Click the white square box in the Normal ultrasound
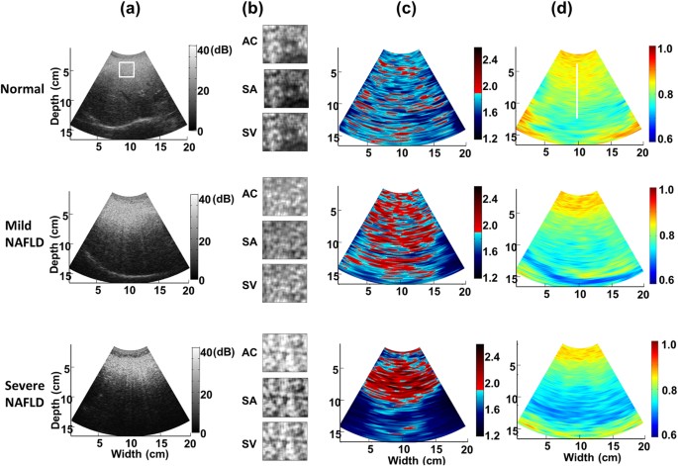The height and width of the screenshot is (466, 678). pos(127,69)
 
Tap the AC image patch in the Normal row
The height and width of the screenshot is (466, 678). pos(285,44)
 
